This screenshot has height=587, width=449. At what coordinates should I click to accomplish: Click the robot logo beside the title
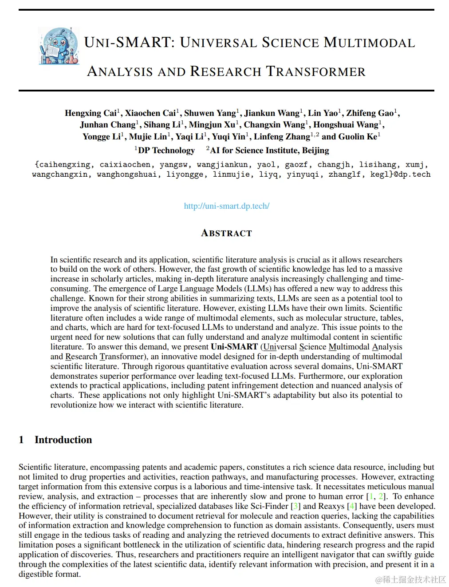(x=59, y=46)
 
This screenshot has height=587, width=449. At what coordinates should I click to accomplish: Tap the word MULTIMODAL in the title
(x=369, y=43)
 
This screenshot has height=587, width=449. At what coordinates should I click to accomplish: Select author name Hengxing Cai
(x=91, y=113)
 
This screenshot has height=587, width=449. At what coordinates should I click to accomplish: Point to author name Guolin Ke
(x=358, y=137)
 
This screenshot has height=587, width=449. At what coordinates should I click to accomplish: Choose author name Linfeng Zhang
(x=282, y=137)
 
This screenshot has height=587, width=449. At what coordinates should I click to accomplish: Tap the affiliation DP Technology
(x=166, y=151)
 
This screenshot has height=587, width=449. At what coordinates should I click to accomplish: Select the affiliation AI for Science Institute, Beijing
(x=269, y=151)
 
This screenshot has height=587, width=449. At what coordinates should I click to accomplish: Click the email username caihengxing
(x=65, y=165)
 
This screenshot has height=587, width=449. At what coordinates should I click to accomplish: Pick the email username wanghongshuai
(x=126, y=175)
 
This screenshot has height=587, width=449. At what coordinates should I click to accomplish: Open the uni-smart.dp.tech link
(x=226, y=206)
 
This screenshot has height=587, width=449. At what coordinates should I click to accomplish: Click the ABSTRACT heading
(x=226, y=233)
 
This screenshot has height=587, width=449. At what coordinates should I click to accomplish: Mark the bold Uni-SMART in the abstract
(x=234, y=347)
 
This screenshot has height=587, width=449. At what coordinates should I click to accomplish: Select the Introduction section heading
(x=63, y=440)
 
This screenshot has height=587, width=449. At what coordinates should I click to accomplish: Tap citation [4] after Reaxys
(x=352, y=506)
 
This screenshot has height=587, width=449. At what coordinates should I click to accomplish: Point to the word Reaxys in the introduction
(x=331, y=506)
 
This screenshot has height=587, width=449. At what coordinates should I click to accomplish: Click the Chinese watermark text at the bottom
(x=411, y=579)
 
